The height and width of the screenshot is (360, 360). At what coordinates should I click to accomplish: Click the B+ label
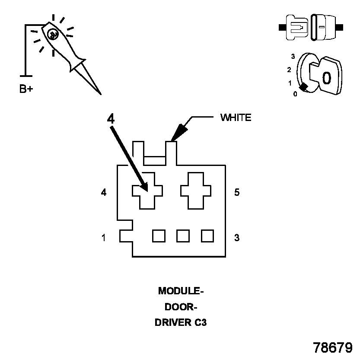click(26, 89)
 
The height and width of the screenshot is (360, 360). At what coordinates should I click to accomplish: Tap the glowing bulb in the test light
click(53, 35)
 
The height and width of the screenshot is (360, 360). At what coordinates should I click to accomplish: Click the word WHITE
click(236, 118)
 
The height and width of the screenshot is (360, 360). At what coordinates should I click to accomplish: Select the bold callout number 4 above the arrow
click(111, 119)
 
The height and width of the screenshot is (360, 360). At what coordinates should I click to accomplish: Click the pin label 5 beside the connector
click(237, 192)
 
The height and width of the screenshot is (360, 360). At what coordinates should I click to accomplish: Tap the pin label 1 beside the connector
click(104, 238)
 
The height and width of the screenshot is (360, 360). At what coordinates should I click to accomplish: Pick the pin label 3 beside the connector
click(237, 238)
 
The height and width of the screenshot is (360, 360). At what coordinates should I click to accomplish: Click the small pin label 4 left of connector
click(104, 192)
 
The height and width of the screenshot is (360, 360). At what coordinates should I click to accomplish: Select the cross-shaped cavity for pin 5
click(196, 191)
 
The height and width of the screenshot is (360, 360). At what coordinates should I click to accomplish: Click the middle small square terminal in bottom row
click(183, 236)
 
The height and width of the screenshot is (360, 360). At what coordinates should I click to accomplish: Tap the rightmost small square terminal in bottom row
click(207, 236)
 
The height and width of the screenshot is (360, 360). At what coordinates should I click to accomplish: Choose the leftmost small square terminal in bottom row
click(159, 236)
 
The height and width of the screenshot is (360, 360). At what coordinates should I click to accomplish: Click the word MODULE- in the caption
click(181, 291)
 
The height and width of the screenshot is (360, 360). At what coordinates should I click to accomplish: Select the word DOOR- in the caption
click(181, 307)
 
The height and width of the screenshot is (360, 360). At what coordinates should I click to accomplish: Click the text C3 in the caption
click(201, 322)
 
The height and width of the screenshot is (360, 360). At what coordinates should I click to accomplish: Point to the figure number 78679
click(333, 347)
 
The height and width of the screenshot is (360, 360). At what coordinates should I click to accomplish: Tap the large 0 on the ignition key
click(327, 78)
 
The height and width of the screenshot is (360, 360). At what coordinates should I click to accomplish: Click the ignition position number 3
click(293, 56)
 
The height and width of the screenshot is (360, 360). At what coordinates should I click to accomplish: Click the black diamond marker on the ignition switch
click(304, 87)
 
